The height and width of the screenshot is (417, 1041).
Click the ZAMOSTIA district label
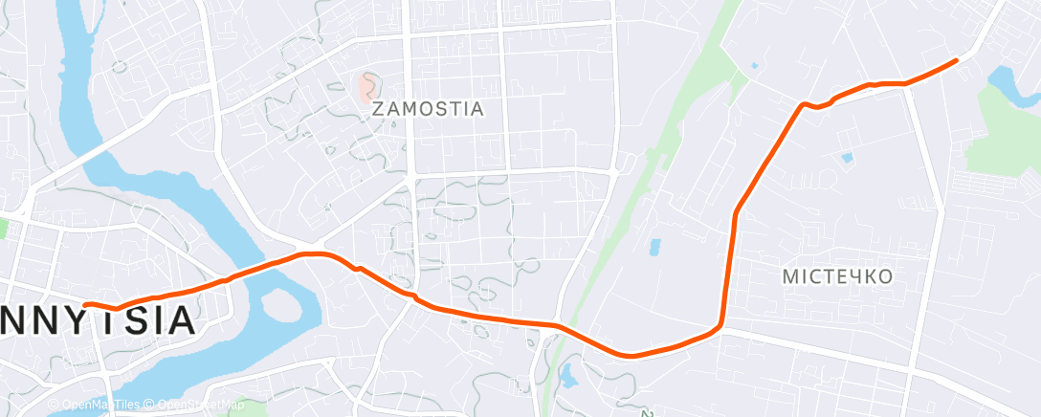click(x=427, y=109)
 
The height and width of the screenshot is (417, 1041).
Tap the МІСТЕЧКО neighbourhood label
click(x=837, y=276)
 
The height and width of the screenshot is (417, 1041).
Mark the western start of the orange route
click(x=86, y=304)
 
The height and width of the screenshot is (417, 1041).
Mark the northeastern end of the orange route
click(x=956, y=60)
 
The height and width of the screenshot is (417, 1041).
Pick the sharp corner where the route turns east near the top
click(x=802, y=103)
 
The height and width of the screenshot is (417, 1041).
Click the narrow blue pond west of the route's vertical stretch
click(x=655, y=247)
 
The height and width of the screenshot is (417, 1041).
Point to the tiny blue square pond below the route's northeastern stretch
click(x=847, y=157)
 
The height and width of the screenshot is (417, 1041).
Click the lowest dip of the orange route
click(x=631, y=355)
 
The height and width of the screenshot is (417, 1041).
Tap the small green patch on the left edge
click(x=3, y=228)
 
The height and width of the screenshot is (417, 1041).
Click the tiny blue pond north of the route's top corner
click(x=756, y=66)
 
